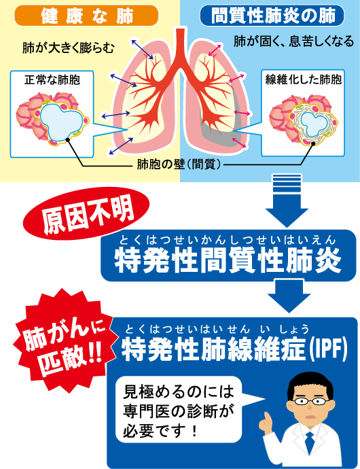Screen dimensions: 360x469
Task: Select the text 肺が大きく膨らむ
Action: [68, 48]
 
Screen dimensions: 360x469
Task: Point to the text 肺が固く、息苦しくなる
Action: [293, 41]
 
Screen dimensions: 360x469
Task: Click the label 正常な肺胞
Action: [52, 80]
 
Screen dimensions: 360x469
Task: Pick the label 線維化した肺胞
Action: [303, 80]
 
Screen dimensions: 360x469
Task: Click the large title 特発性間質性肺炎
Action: [228, 260]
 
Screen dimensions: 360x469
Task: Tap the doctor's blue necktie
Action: [309, 442]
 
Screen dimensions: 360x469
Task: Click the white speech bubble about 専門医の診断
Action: [179, 410]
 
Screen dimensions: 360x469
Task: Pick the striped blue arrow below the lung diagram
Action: [287, 200]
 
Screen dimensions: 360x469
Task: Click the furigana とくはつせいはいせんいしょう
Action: [217, 329]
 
